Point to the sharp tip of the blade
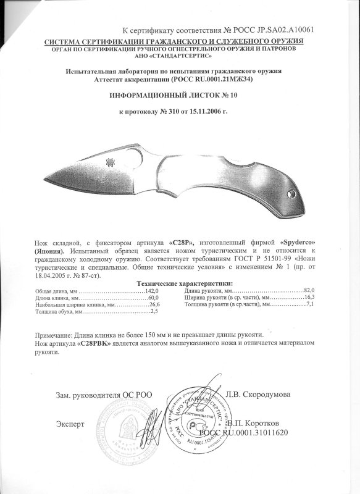coord(47,179)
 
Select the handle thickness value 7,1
coord(310,305)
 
